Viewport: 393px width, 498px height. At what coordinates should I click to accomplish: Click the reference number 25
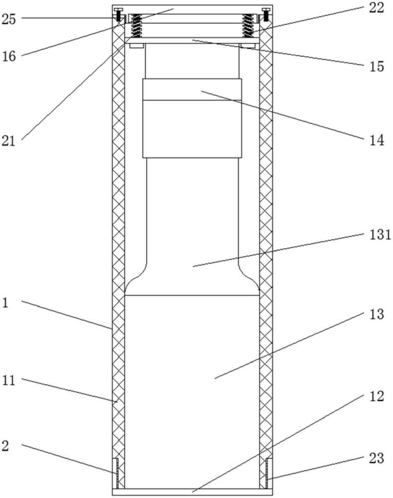[x=8, y=20]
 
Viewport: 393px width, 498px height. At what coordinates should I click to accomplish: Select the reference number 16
[x=8, y=57]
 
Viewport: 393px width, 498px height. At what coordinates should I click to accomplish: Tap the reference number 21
[x=8, y=141]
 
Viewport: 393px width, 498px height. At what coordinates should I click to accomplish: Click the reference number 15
[x=377, y=67]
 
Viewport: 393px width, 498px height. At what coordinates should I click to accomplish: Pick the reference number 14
[x=377, y=140]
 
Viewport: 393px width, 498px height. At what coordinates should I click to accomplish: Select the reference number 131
[x=380, y=235]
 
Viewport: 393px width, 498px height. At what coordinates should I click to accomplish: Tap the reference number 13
[x=377, y=314]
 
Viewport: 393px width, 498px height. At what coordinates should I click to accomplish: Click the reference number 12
[x=377, y=396]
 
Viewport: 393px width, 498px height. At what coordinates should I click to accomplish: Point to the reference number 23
[x=377, y=458]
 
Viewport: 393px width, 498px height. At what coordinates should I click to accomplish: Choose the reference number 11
[x=8, y=380]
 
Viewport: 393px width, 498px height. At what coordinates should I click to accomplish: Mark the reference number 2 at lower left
[x=5, y=446]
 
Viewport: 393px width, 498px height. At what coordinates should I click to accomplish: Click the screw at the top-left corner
[x=118, y=14]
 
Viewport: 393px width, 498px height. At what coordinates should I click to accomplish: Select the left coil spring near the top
[x=136, y=25]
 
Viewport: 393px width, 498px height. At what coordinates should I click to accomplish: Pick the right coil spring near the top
[x=248, y=25]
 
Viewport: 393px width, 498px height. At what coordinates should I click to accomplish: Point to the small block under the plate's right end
[x=248, y=46]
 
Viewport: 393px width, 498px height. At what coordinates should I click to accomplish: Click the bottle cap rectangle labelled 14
[x=192, y=118]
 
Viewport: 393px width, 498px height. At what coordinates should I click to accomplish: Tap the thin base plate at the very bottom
[x=193, y=492]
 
